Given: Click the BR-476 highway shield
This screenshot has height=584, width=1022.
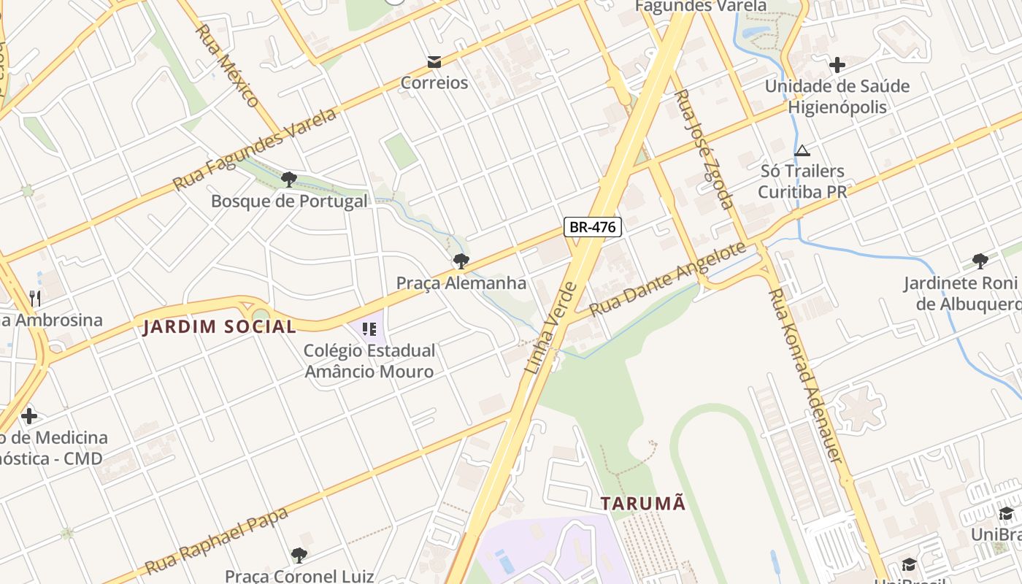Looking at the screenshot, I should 592,227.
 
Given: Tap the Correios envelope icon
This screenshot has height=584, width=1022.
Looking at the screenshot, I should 434,61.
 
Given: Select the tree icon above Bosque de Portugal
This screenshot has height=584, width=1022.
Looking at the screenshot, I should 288,179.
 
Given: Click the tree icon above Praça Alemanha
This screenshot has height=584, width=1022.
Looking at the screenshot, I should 461,261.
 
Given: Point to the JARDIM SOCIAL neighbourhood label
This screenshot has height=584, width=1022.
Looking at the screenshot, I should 220,326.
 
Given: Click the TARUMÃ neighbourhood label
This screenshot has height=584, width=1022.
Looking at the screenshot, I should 643,503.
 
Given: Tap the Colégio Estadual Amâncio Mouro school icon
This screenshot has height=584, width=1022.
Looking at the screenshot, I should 369,329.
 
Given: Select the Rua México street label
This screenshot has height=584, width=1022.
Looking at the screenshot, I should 228,66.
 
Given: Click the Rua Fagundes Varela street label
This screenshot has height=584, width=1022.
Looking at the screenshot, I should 255,149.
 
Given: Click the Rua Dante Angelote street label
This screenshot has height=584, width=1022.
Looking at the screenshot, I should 667,279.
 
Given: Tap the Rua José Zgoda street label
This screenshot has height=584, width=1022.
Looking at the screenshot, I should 702,149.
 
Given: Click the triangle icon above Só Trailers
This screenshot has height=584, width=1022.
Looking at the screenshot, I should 802,151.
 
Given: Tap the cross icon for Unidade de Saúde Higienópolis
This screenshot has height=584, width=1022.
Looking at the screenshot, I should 837,65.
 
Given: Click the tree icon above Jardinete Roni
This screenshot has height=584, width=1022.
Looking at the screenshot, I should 980,261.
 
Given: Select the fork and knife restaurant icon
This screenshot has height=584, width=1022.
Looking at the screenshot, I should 34,298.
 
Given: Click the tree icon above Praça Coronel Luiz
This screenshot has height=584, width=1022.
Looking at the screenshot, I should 299,556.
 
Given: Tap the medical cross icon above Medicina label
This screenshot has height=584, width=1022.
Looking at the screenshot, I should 29,416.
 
